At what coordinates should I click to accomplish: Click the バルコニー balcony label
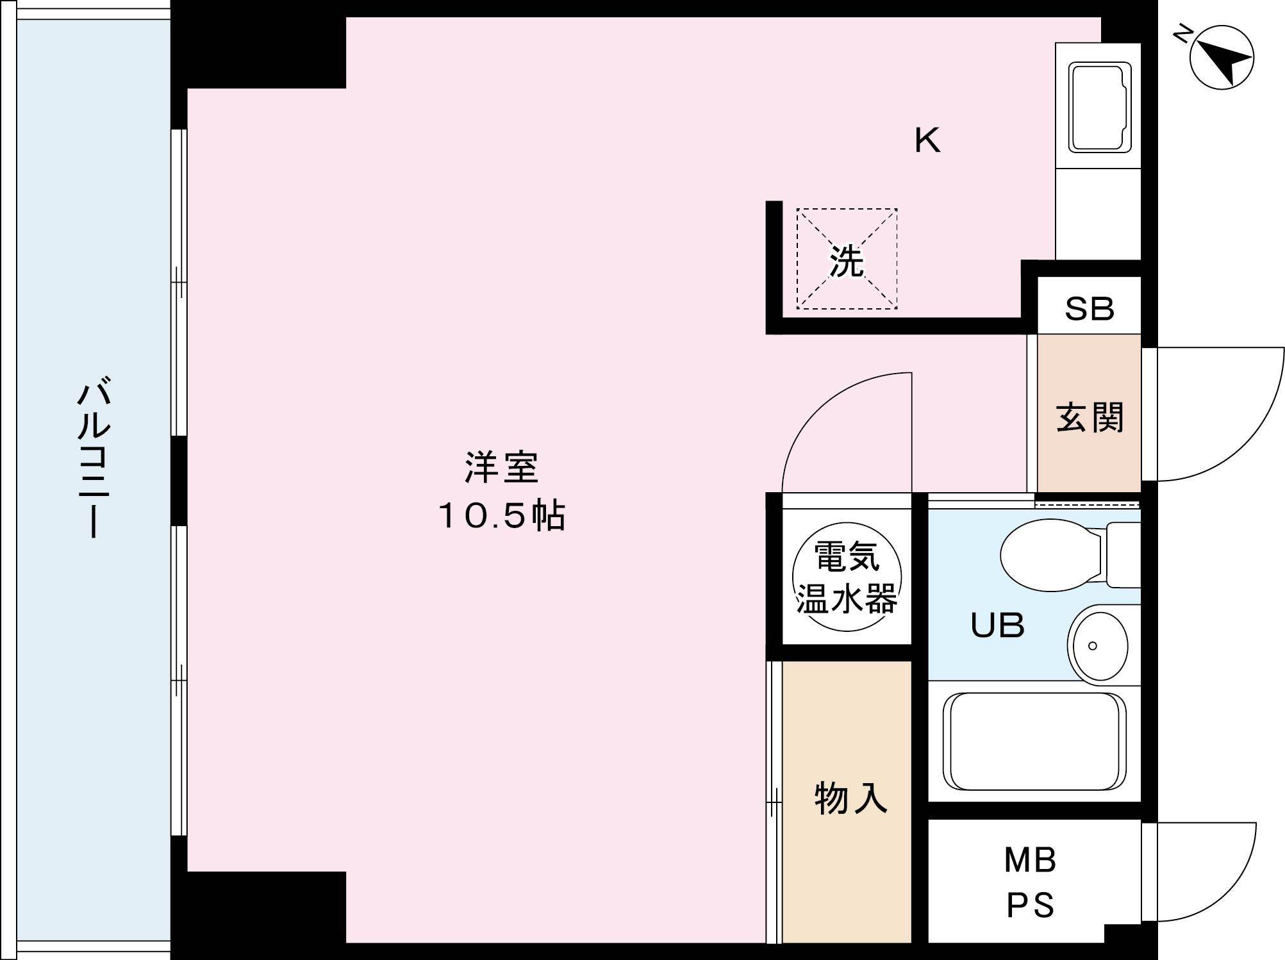click(94, 458)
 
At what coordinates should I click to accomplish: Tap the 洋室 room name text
click(501, 467)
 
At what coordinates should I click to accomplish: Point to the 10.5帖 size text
click(501, 515)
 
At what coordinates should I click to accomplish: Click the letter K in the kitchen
click(927, 140)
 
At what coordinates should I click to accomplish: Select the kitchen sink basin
click(1099, 107)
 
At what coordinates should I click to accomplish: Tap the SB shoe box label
click(1089, 309)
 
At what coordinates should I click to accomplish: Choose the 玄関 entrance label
click(1089, 417)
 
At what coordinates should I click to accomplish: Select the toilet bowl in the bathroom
click(1051, 554)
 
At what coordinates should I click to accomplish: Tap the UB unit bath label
click(997, 625)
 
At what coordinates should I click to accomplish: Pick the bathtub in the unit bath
click(1035, 741)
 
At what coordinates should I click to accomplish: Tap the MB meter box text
click(1030, 860)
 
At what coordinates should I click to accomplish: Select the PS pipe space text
click(1030, 905)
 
